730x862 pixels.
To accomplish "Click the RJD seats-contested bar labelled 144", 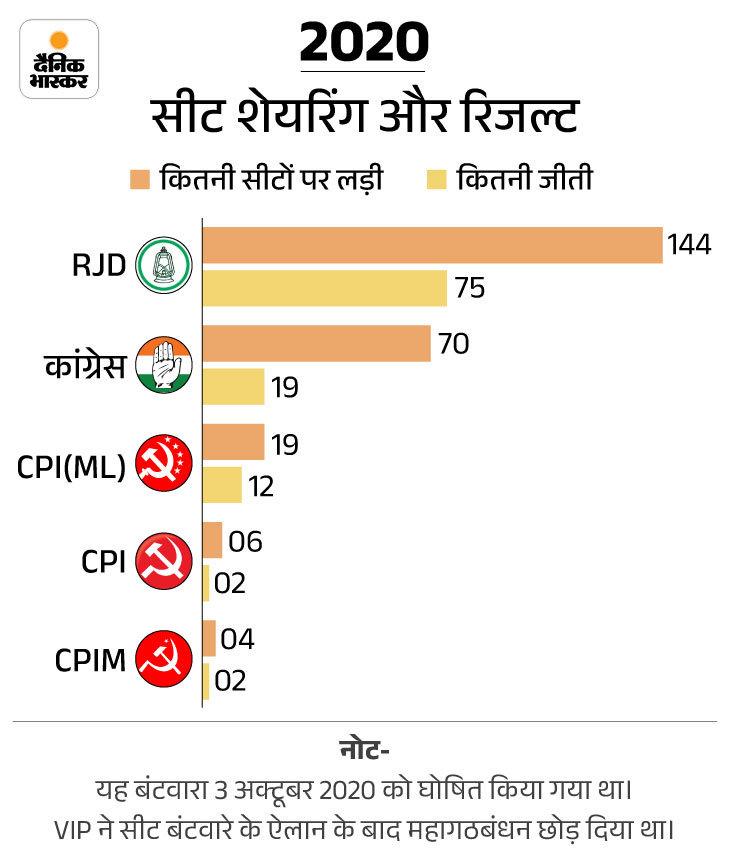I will (432, 245).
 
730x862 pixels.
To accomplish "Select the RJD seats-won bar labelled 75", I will (324, 288).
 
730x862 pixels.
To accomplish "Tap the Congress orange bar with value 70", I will (316, 343).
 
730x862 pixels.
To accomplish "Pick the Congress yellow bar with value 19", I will (233, 386).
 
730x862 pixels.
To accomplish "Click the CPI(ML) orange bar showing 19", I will (233, 442).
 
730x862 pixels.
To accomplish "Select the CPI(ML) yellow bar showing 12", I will (222, 485).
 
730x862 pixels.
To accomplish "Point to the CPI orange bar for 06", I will (212, 540).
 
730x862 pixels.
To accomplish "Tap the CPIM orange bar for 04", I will (209, 638).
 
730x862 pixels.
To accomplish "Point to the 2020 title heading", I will (364, 44).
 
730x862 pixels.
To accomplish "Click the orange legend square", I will (139, 180).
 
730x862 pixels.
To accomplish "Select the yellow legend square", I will (436, 180).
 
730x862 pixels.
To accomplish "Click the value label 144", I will (690, 245).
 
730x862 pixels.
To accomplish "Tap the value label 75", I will (469, 288).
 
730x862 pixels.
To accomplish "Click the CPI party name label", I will (103, 562).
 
